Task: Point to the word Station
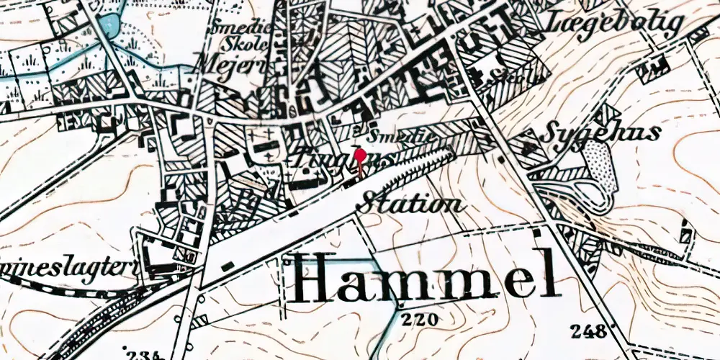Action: click(413, 202)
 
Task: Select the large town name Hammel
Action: click(425, 276)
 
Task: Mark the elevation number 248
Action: click(588, 330)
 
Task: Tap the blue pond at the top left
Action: click(108, 25)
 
